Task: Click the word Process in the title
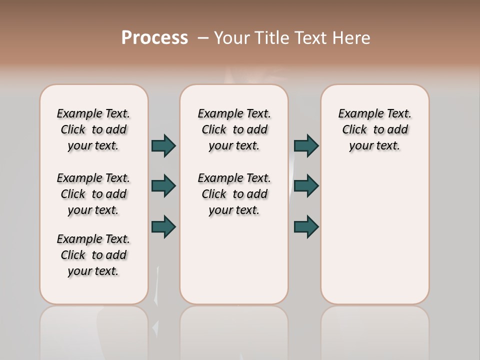(154, 37)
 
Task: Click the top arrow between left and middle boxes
(163, 145)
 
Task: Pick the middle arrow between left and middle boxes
(163, 186)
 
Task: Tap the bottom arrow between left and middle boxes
(163, 226)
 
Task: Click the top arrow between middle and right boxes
(306, 145)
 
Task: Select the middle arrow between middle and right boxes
(306, 186)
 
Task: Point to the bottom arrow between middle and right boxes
(306, 226)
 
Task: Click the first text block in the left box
(93, 129)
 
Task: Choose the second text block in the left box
(93, 194)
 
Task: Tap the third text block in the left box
(93, 255)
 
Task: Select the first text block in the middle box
(234, 129)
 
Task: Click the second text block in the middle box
(234, 194)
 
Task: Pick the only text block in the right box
(374, 129)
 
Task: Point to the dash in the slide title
(203, 38)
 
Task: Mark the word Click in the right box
(354, 130)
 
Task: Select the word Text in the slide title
(312, 38)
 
